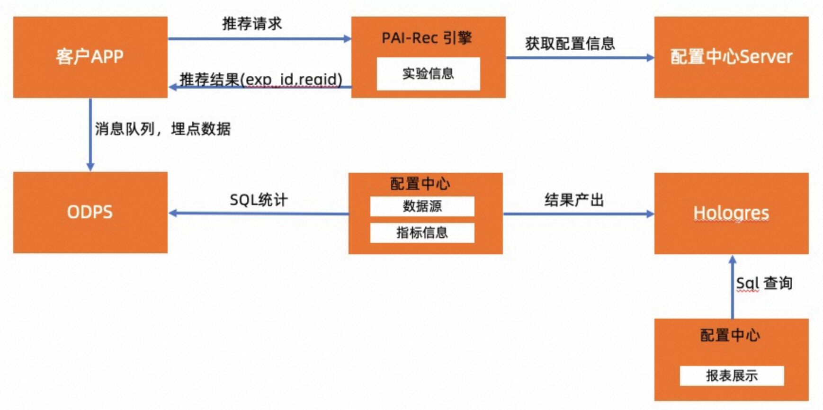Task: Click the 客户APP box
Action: point(90,57)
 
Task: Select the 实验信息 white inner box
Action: point(428,74)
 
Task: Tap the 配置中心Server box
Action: point(731,57)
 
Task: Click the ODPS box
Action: point(90,212)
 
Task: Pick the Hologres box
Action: point(731,213)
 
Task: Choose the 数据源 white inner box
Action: point(422,206)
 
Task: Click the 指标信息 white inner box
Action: point(422,233)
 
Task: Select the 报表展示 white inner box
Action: point(732,376)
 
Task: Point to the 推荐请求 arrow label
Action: point(252,24)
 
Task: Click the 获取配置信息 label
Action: point(570,44)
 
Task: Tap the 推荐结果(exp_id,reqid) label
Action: point(261,80)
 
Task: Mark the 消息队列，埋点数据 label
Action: point(163,129)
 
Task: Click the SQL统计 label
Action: point(259,200)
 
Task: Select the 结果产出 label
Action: point(574,200)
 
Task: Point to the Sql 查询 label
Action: point(764,283)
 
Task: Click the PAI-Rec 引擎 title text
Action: point(427,38)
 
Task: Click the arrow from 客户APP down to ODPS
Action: point(90,134)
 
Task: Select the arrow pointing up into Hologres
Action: point(733,287)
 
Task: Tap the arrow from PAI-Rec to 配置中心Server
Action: point(580,58)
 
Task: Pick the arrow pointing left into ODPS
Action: point(259,214)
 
